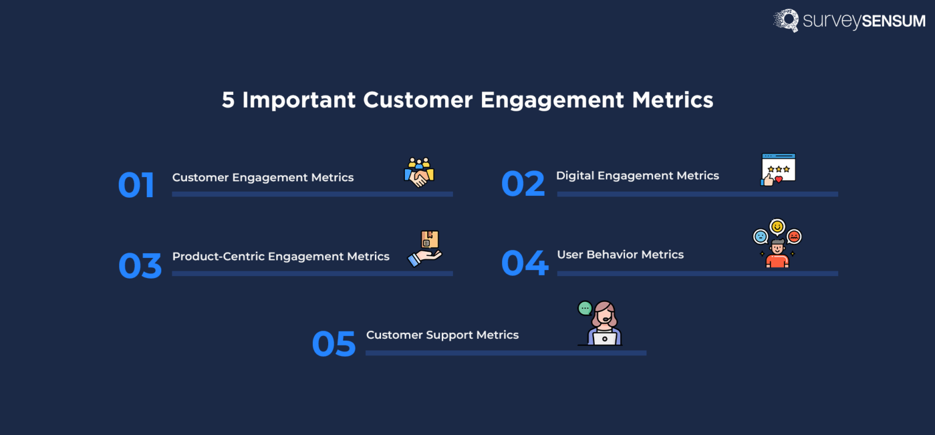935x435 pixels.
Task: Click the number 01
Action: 136,186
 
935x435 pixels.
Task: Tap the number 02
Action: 522,184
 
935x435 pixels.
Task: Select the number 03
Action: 140,266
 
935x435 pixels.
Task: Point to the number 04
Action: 524,263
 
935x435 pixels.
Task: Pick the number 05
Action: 334,344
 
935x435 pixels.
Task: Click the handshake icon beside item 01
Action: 419,173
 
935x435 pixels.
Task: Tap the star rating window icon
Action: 779,169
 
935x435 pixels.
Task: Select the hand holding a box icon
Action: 425,248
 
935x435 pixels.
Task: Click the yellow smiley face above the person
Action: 777,227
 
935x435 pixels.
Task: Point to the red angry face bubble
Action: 794,237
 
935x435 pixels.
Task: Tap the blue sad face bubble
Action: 760,236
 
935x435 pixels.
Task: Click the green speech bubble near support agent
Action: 585,308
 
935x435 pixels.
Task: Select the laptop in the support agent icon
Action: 604,339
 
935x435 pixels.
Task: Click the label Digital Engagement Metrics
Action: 637,176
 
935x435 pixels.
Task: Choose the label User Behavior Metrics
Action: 620,255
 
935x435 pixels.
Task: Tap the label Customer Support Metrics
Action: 443,335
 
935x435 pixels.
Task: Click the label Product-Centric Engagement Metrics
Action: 281,257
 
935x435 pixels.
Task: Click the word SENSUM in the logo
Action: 894,21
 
